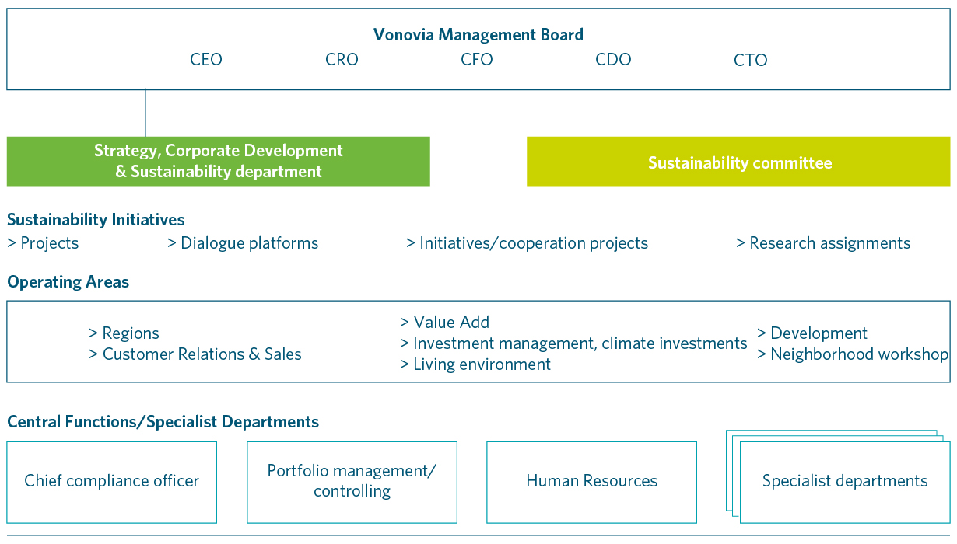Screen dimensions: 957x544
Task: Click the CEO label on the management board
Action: (x=206, y=59)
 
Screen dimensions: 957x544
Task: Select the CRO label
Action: (x=342, y=59)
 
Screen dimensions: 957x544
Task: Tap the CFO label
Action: (x=476, y=59)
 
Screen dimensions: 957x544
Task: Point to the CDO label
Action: (x=613, y=59)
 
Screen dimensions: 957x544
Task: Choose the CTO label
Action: (x=750, y=60)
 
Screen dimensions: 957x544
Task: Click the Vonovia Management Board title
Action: (x=478, y=34)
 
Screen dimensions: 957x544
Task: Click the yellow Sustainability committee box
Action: (x=738, y=162)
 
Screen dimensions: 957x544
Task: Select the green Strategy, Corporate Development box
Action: (x=219, y=162)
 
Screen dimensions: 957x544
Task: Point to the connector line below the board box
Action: (x=145, y=113)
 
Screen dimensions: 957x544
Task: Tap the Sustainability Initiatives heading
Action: (x=96, y=220)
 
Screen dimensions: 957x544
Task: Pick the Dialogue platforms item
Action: (x=243, y=243)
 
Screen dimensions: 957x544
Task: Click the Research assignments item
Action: (x=823, y=243)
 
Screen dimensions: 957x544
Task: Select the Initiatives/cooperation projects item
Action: (x=527, y=243)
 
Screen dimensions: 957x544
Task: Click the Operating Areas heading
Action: (x=68, y=282)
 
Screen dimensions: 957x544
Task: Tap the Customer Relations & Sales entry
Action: (x=195, y=354)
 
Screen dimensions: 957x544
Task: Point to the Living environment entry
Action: (x=475, y=364)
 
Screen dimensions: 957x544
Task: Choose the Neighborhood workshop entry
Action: (x=852, y=354)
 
